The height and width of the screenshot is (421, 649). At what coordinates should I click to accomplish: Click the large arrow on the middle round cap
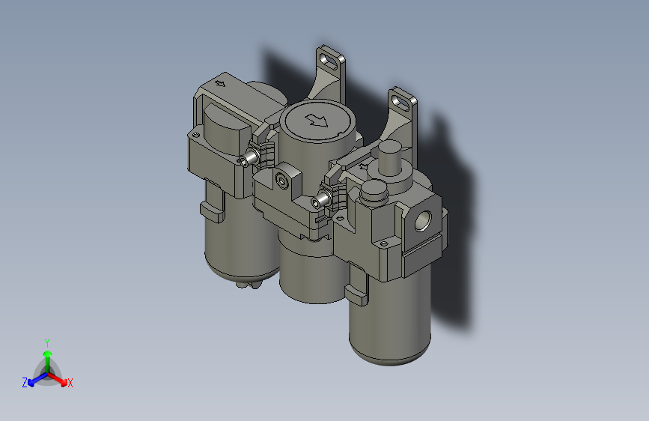317,121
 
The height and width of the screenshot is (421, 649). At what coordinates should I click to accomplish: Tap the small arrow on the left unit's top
220,83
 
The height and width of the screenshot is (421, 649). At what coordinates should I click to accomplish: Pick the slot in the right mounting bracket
400,102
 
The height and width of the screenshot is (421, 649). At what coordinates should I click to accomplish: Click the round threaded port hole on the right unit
423,220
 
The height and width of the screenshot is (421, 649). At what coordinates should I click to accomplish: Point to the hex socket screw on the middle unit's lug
282,181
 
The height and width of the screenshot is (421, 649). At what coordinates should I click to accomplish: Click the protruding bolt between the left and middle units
249,158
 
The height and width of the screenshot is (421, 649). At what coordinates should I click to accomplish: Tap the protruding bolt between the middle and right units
322,201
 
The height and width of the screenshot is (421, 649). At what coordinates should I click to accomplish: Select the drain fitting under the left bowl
249,285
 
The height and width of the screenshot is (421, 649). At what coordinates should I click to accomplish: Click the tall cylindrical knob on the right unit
389,157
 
